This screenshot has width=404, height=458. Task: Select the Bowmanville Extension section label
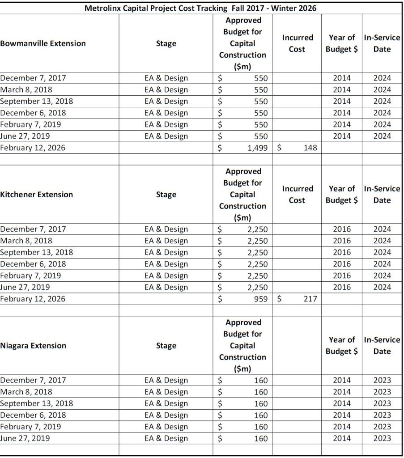tap(43, 43)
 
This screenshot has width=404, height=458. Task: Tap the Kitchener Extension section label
tap(37, 195)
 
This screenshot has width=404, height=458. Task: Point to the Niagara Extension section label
tap(33, 346)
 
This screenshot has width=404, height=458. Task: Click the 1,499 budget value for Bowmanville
tap(257, 148)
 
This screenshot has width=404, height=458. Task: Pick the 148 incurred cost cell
tap(310, 148)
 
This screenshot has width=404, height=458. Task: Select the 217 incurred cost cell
tap(310, 299)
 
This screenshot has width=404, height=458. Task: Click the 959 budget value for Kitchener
tap(259, 299)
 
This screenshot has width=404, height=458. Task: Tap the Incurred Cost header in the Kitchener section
tap(297, 195)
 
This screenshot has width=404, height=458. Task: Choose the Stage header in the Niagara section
tap(166, 346)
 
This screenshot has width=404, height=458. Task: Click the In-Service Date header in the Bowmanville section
tap(382, 43)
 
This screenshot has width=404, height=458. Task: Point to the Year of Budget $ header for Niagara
tap(342, 346)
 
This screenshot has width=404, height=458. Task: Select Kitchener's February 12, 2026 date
tap(33, 299)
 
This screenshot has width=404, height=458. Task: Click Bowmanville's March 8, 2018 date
tap(26, 89)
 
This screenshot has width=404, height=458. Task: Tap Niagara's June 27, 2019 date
tap(25, 438)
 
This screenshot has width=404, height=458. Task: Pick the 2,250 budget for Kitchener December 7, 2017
tap(257, 229)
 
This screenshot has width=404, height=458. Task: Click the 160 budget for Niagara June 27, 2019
tap(260, 438)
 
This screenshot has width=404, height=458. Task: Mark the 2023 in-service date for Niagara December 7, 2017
tap(382, 380)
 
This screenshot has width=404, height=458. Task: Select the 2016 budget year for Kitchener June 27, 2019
tap(342, 287)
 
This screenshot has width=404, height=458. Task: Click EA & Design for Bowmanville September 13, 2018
tap(166, 101)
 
